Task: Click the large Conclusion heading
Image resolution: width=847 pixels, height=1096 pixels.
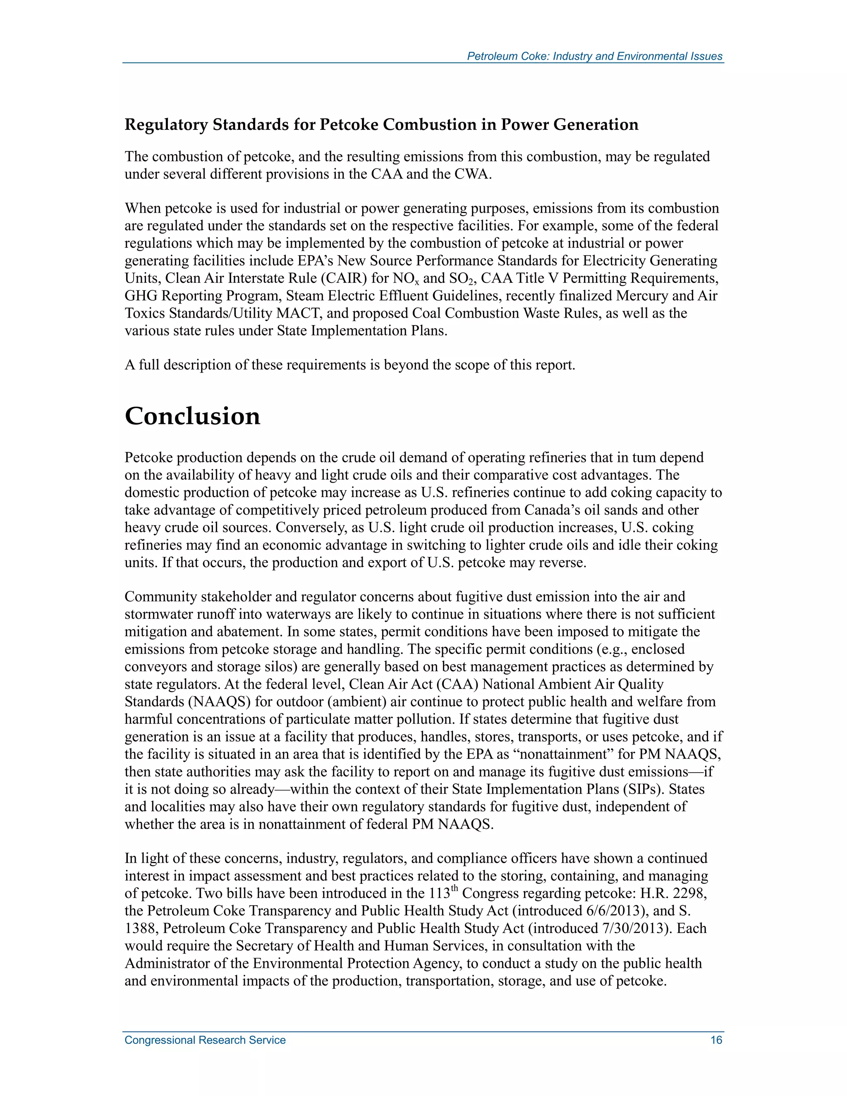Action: click(192, 416)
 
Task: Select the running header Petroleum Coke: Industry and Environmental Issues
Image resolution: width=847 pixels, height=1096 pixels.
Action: click(595, 56)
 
